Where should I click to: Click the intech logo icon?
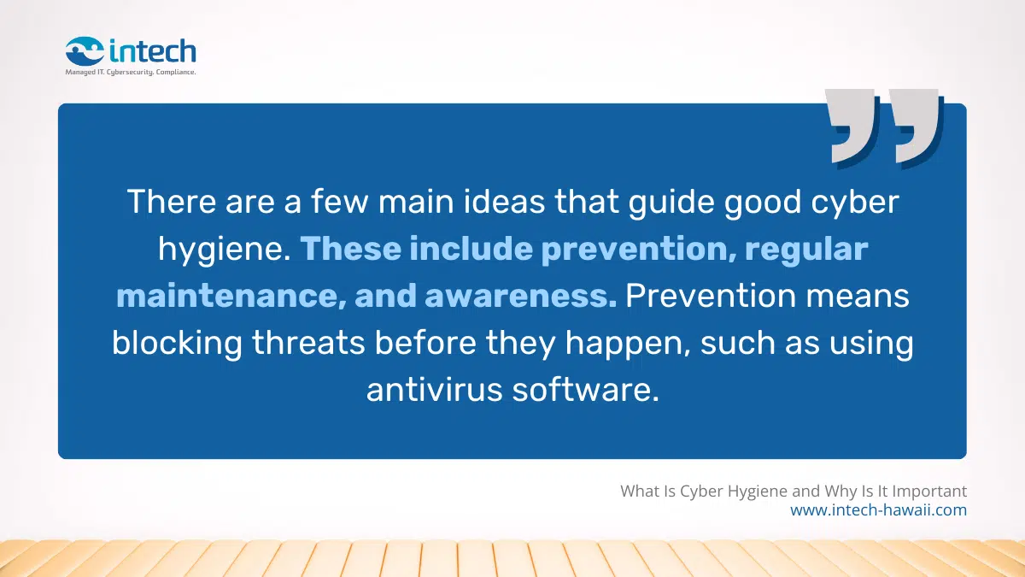point(85,50)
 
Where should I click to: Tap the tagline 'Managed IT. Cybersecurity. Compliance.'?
point(131,73)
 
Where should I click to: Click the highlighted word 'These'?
point(348,249)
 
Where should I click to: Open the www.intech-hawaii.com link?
point(878,510)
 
